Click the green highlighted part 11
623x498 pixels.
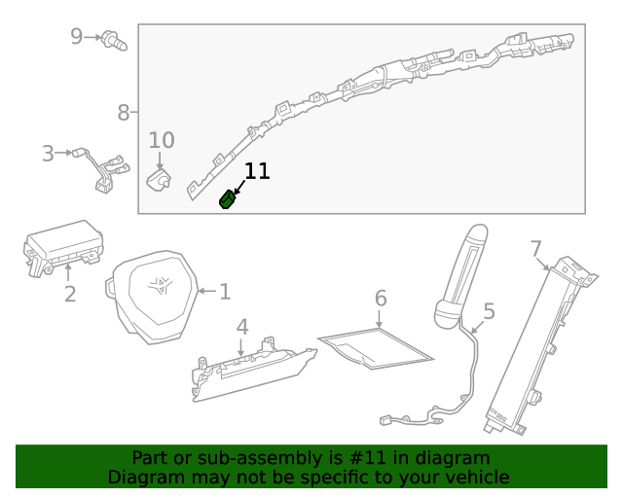click(x=228, y=199)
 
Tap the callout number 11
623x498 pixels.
click(x=257, y=172)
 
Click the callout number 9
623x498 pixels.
click(x=77, y=37)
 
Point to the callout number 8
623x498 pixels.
click(x=124, y=113)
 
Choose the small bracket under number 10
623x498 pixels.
click(x=158, y=180)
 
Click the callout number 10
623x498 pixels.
click(x=162, y=140)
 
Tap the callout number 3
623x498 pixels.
click(x=48, y=153)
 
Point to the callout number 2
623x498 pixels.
click(x=69, y=294)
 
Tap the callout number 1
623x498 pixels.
click(x=225, y=291)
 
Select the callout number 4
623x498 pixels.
click(x=241, y=327)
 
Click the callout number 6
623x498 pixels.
click(x=381, y=298)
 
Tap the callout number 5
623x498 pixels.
click(x=489, y=311)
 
